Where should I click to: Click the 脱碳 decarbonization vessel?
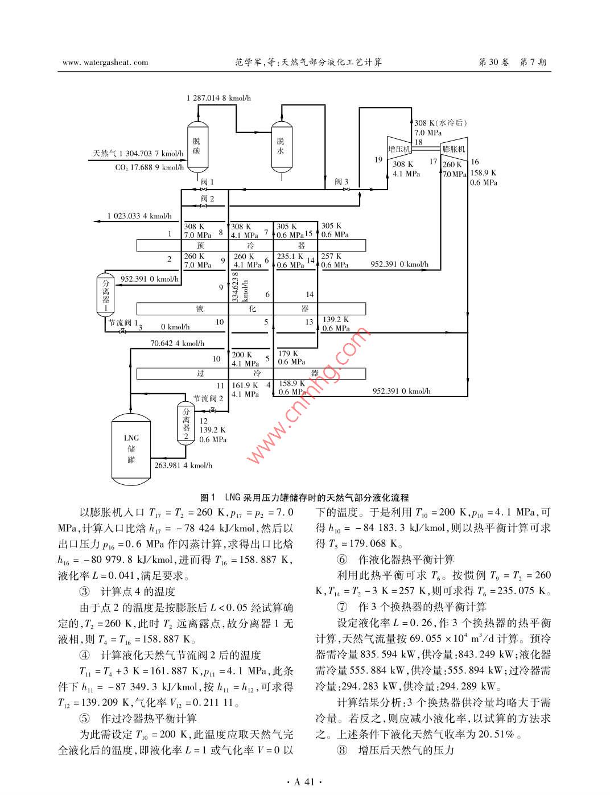tap(196, 146)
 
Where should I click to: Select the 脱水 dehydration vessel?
tap(281, 146)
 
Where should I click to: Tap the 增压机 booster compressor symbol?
tap(399, 149)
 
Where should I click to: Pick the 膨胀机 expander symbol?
tap(454, 149)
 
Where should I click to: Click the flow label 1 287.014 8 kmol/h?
tap(219, 98)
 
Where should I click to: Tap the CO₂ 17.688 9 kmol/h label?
tap(149, 167)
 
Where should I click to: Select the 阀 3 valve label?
tap(341, 182)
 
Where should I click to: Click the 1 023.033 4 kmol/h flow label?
tap(139, 216)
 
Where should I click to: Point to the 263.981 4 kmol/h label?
tap(183, 465)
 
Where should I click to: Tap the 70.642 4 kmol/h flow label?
tap(177, 343)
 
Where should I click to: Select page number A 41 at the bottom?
tap(304, 782)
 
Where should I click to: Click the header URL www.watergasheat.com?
tap(105, 63)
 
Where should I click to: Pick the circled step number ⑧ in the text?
tap(341, 750)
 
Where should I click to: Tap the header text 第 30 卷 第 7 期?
tap(513, 63)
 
